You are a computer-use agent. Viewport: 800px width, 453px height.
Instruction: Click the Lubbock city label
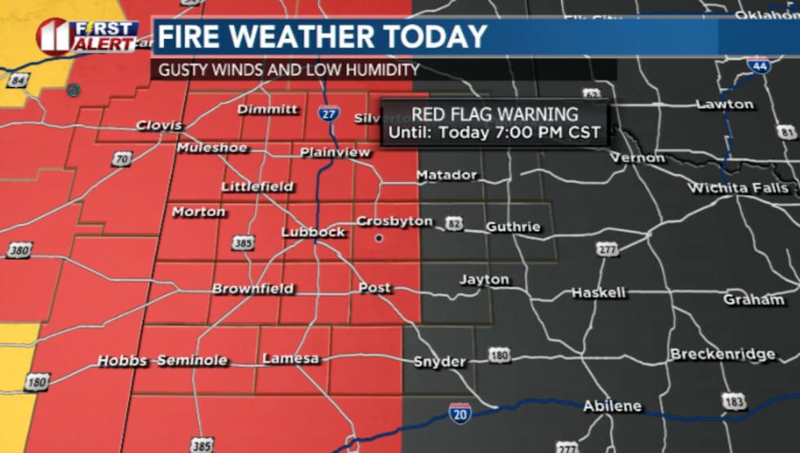[313, 233]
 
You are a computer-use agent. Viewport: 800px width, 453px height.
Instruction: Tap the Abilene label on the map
[611, 406]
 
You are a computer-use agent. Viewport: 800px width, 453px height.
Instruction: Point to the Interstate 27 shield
[328, 115]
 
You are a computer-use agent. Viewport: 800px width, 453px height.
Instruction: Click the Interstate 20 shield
[460, 414]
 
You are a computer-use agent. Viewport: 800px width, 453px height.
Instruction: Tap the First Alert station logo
[86, 36]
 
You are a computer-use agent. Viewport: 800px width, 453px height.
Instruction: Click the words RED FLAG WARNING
[495, 115]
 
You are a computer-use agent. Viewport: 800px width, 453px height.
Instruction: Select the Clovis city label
[158, 126]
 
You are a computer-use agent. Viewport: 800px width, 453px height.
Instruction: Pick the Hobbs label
[122, 361]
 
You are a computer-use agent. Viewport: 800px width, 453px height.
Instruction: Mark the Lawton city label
[725, 104]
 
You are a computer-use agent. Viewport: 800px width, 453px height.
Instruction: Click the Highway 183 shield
[733, 401]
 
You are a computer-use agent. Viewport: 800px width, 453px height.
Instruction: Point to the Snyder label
[439, 362]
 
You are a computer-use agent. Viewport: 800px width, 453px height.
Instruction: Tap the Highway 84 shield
[20, 80]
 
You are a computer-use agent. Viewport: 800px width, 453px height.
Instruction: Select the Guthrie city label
[513, 227]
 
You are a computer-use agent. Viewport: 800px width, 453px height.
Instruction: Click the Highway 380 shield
[18, 251]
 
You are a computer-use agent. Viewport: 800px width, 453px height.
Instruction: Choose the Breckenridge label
[722, 354]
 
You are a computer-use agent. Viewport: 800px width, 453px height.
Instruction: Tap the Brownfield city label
[252, 289]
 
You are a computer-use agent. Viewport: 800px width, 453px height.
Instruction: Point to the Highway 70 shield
[122, 158]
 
